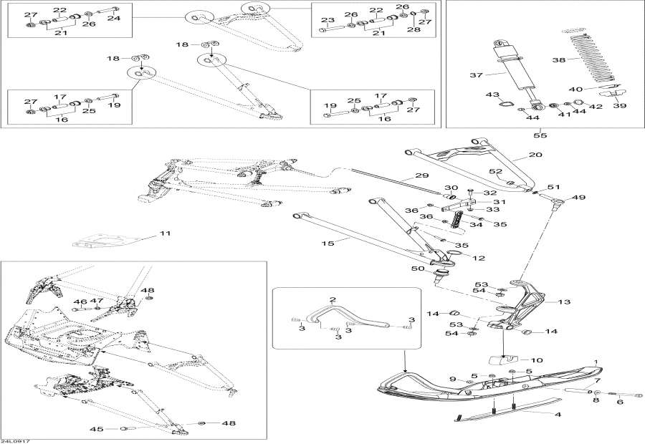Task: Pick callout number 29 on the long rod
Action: (421, 175)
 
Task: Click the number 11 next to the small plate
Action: (166, 233)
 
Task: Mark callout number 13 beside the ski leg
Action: (565, 302)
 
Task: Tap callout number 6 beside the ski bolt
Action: (621, 402)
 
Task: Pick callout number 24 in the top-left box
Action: (113, 19)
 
